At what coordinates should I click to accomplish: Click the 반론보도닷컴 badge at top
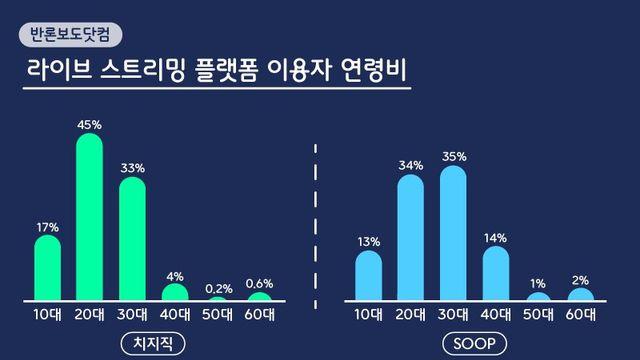pyautogui.click(x=70, y=33)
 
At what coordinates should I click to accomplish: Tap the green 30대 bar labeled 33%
pyautogui.click(x=132, y=239)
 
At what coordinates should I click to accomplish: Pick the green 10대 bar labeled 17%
pyautogui.click(x=48, y=268)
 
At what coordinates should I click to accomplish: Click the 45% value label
pyautogui.click(x=90, y=124)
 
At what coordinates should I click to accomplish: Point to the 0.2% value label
pyautogui.click(x=217, y=288)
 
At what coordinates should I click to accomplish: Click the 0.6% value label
pyautogui.click(x=259, y=283)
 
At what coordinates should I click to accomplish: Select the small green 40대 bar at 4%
pyautogui.click(x=175, y=292)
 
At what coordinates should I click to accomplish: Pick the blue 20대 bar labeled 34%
pyautogui.click(x=411, y=237)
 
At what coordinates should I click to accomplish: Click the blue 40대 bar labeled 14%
pyautogui.click(x=496, y=273)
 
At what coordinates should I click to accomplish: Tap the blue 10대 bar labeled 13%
pyautogui.click(x=369, y=275)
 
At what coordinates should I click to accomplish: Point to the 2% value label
pyautogui.click(x=581, y=279)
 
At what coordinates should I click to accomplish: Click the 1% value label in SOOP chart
pyautogui.click(x=539, y=284)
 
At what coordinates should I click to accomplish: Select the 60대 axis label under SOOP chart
pyautogui.click(x=581, y=314)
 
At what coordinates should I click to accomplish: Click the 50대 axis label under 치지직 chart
pyautogui.click(x=217, y=314)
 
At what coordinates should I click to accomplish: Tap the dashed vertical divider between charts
pyautogui.click(x=317, y=230)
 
